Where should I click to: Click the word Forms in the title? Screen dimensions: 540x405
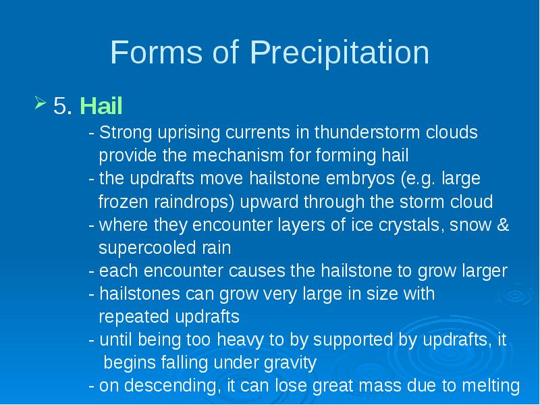point(157,52)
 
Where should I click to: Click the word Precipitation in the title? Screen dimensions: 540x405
point(340,53)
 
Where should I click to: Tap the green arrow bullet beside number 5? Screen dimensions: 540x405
point(40,103)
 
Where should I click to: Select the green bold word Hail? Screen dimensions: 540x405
point(101,105)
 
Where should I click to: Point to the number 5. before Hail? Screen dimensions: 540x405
point(63,106)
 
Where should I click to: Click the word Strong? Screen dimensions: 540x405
point(126,133)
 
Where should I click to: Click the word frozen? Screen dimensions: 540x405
point(124,202)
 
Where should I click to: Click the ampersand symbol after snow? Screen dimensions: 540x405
point(503,225)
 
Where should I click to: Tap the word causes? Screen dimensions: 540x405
point(257,271)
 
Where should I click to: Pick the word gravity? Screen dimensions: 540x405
point(290,363)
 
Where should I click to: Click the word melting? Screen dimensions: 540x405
point(491,385)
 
